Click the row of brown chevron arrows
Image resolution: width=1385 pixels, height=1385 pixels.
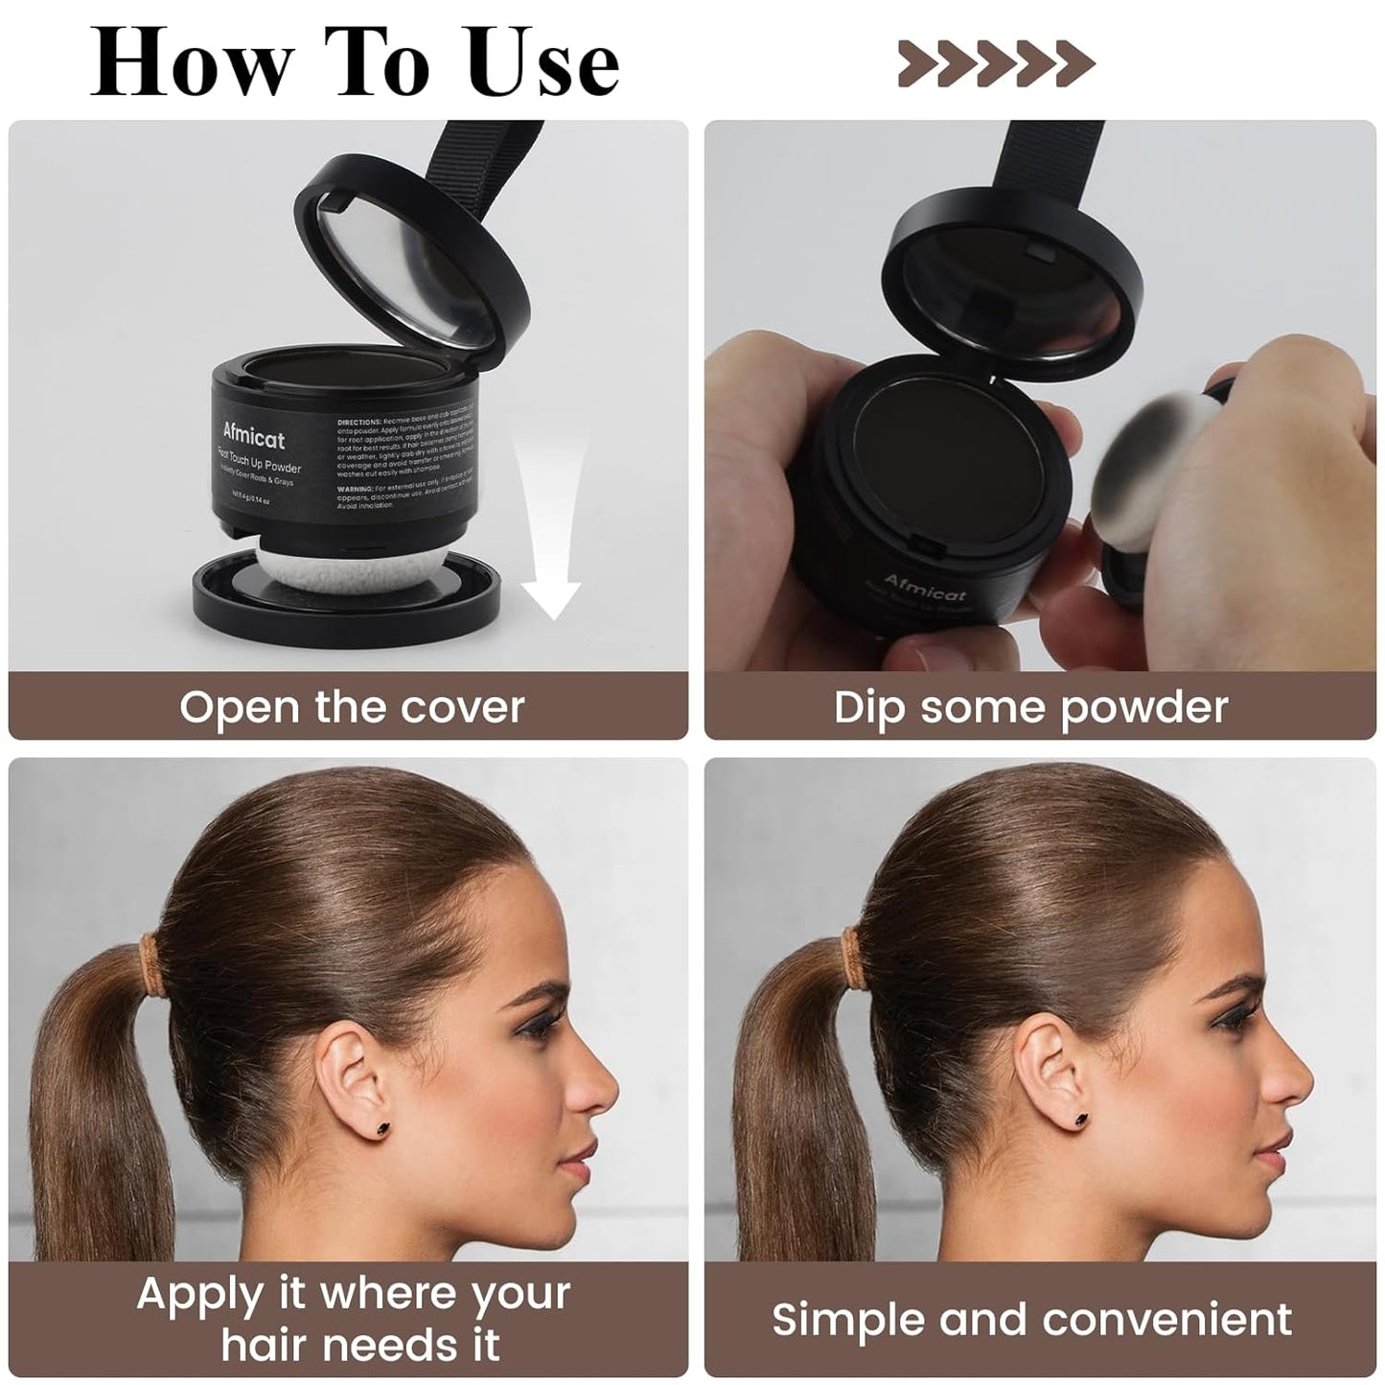point(996,63)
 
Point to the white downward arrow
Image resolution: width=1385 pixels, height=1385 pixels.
point(550,537)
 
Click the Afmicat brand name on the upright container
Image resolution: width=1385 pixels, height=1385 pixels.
point(254,437)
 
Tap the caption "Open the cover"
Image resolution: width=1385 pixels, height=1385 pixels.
point(352,707)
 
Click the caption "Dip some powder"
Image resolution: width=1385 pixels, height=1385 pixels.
point(1030,707)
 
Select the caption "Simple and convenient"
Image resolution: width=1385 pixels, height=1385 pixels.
point(1032,1319)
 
